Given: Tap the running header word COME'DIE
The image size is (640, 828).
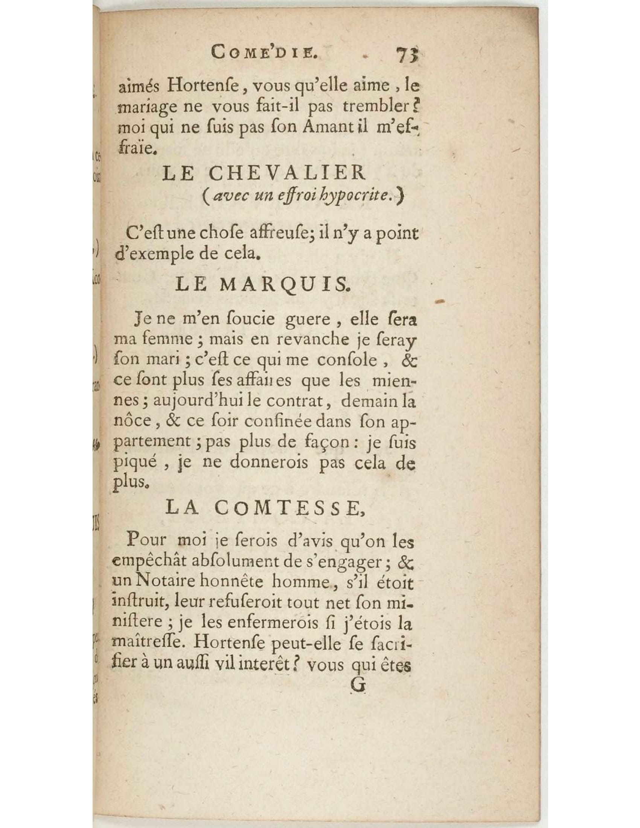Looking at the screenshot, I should coord(265,52).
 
